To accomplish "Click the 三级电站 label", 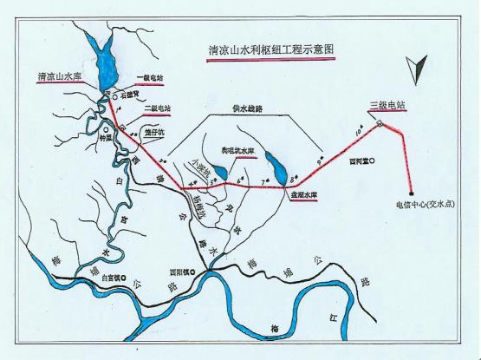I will (x=387, y=107).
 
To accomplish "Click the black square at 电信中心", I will (x=411, y=194).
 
